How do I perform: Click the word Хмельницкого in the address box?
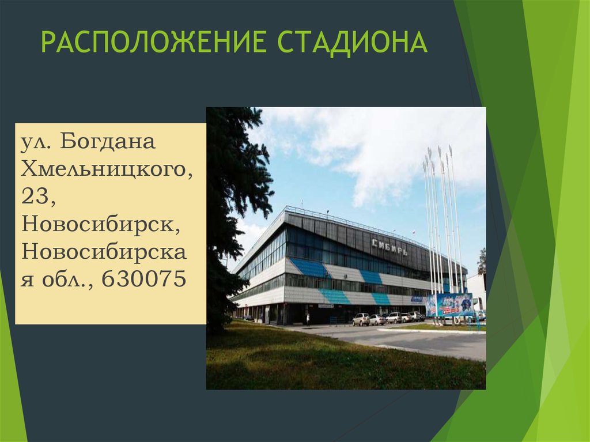tap(106, 169)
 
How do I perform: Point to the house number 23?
tap(38, 197)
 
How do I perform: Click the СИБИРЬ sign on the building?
tap(389, 247)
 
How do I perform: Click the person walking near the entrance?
tap(308, 318)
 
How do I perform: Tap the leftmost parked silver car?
tap(361, 319)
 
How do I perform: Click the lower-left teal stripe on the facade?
tap(335, 297)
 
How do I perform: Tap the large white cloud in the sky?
tap(375, 150)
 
